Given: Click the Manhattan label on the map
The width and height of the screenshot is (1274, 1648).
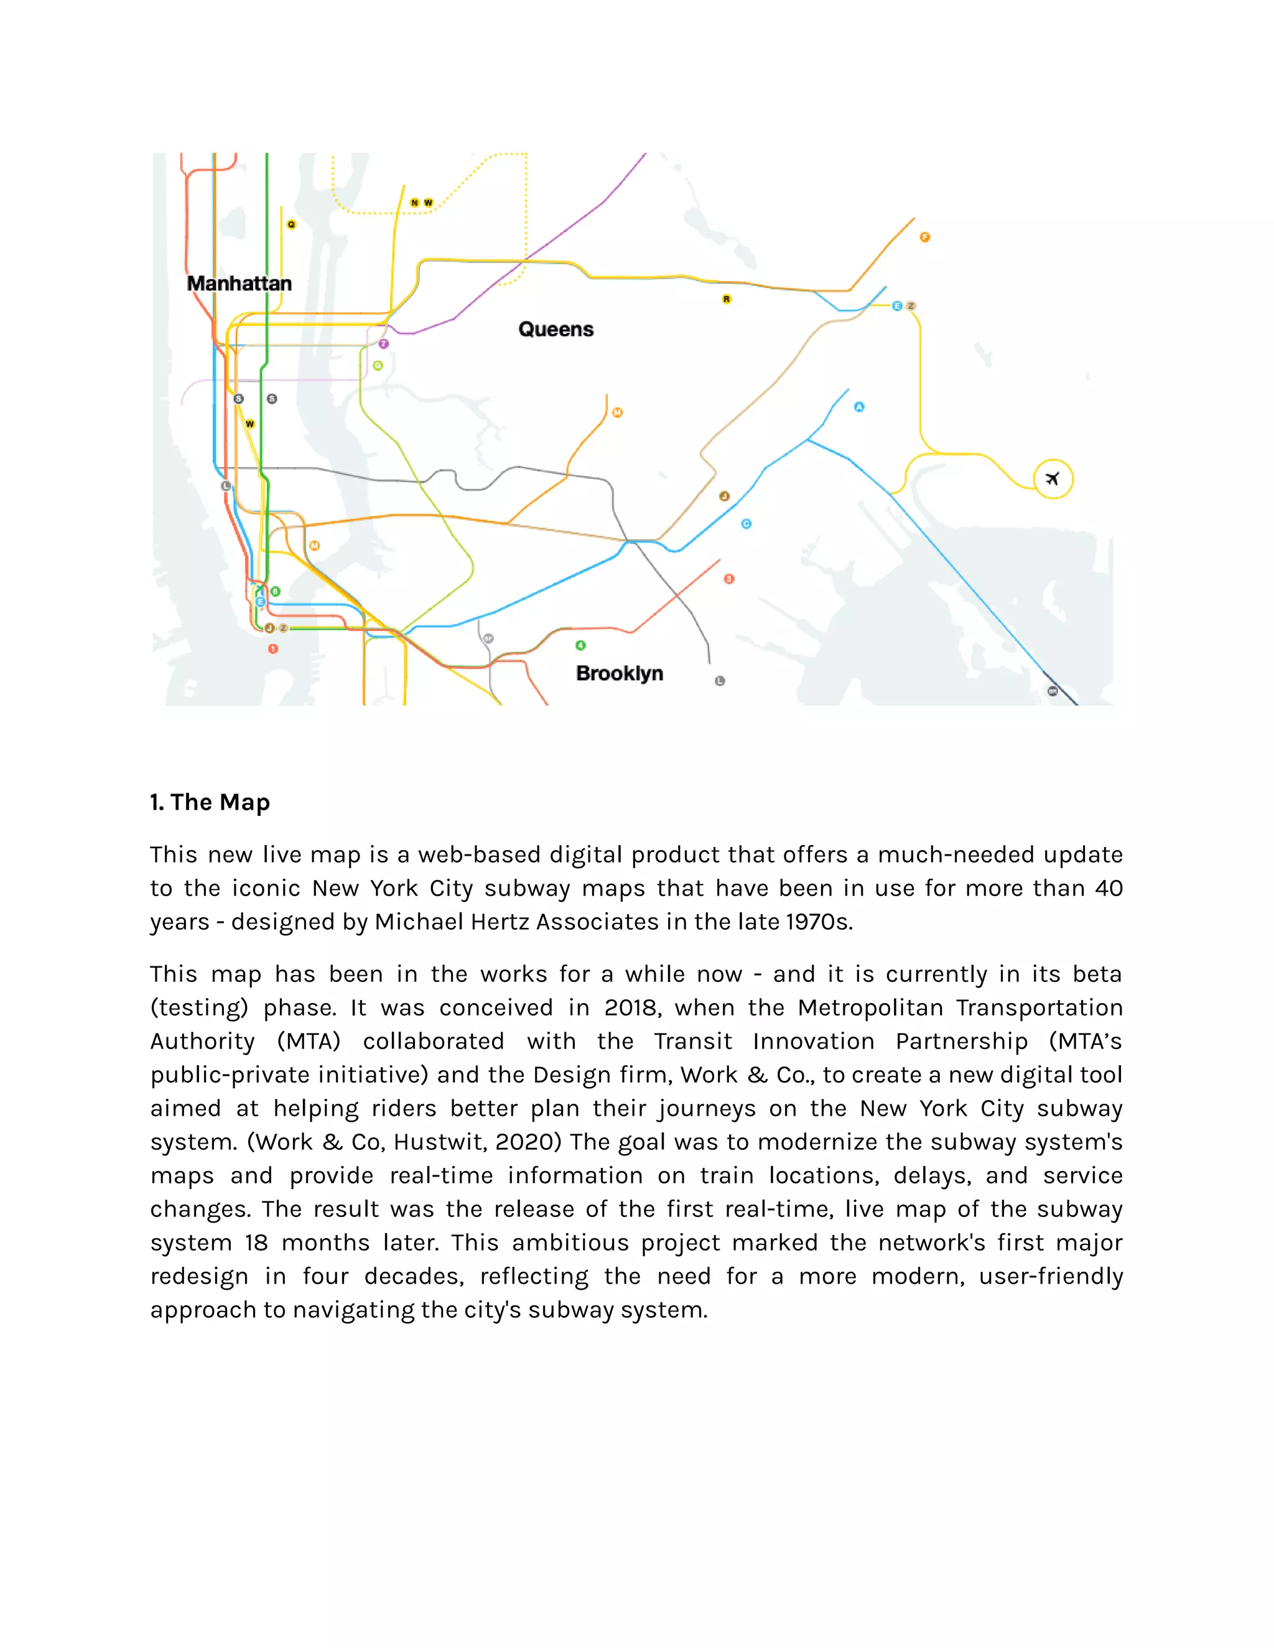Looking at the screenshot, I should point(239,284).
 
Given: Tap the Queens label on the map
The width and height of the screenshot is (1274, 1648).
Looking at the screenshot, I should point(556,329).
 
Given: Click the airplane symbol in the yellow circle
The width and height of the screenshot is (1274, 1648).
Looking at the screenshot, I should point(1053,478).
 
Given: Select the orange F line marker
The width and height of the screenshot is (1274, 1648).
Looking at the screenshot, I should point(924,237).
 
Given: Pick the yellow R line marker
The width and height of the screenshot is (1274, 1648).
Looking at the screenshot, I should point(726,299).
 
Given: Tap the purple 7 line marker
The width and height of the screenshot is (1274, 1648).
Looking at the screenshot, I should point(383,344).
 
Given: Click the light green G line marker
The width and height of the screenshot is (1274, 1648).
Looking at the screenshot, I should point(378,366).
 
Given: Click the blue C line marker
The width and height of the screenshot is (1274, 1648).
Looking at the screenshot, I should point(746,524).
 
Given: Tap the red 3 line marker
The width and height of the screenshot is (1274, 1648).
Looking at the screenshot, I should point(729,579).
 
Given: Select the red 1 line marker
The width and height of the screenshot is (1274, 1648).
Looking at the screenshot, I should point(273,648).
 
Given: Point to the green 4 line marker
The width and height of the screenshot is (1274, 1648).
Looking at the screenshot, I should point(580,645).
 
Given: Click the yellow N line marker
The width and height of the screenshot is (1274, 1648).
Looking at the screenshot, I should point(414,202).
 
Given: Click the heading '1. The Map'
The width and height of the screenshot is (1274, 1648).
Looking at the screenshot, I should point(210,802).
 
